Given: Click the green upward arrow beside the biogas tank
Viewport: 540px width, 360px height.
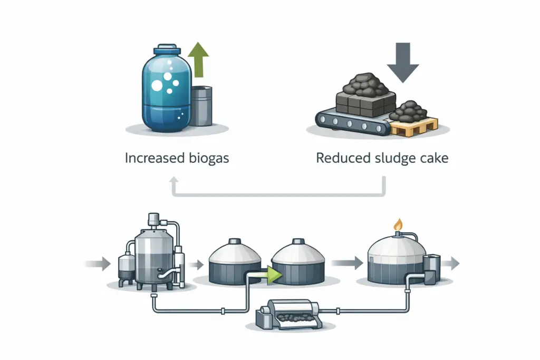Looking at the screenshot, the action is (198, 60).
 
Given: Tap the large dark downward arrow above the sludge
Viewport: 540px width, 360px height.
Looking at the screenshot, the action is (402, 62).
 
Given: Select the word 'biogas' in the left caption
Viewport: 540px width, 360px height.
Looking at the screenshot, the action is (209, 158).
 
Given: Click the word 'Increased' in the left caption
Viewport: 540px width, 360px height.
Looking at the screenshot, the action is (155, 158).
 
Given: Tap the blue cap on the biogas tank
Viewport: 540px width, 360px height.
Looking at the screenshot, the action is (167, 50).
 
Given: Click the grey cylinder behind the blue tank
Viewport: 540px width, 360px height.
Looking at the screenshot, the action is (201, 105).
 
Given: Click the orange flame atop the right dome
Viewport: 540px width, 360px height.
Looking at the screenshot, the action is (398, 225).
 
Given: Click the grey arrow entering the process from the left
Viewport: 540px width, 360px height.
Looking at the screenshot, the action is (98, 264).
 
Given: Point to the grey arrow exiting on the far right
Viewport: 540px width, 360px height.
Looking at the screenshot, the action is (450, 264).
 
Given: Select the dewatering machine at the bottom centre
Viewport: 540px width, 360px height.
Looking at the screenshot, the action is (288, 315).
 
